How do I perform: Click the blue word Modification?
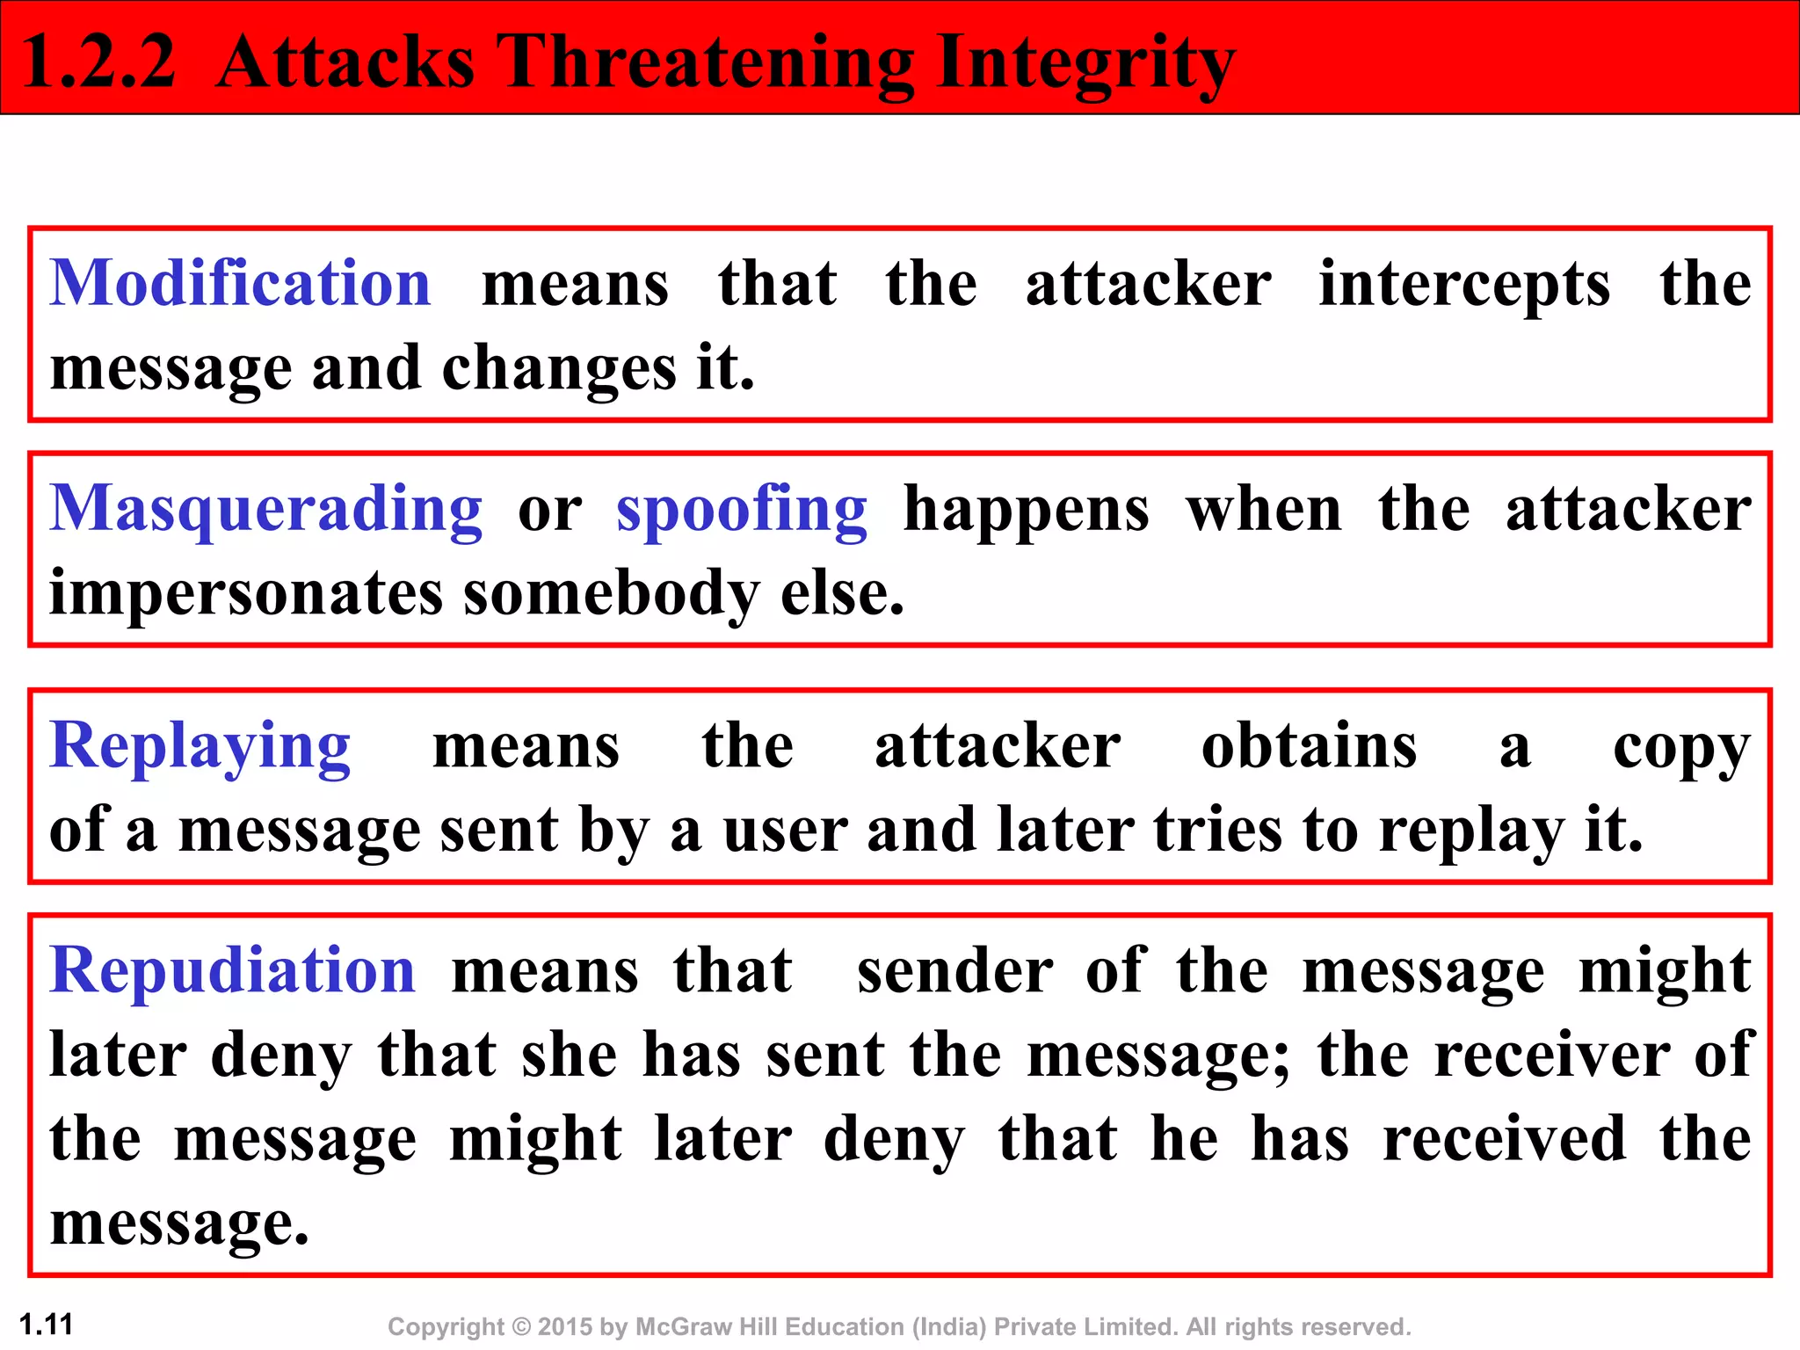click(240, 283)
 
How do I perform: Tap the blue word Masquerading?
click(265, 510)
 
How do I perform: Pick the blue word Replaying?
click(200, 746)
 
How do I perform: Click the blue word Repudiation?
click(232, 970)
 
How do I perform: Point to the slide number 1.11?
click(47, 1324)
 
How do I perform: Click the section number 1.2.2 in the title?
click(98, 62)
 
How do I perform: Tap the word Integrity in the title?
click(1085, 63)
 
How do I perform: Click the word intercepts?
click(1464, 285)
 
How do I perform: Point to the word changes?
click(559, 368)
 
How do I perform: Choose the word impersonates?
click(246, 594)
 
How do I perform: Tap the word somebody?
click(612, 594)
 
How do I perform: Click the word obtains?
click(1309, 746)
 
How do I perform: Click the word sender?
click(954, 970)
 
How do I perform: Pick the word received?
click(1504, 1139)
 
